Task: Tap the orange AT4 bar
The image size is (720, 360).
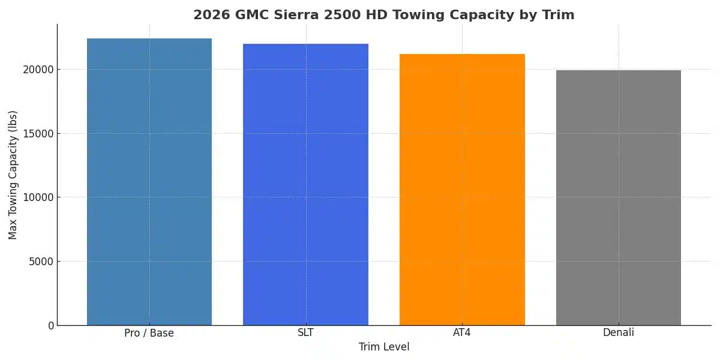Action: [462, 190]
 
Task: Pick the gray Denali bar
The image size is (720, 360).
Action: [619, 197]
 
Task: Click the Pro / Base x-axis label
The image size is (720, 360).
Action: [149, 333]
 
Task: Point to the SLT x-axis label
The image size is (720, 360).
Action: [305, 332]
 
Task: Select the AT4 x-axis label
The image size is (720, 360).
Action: [462, 332]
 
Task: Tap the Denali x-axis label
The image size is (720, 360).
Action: [619, 332]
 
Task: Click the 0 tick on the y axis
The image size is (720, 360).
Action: [50, 326]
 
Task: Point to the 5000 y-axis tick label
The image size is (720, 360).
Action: [41, 262]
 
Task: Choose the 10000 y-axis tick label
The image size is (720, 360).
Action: [38, 197]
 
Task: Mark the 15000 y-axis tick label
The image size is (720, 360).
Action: [38, 133]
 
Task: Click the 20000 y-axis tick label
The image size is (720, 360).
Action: [38, 70]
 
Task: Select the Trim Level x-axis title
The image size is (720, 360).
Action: [384, 347]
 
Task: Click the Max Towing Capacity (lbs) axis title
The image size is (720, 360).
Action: [13, 175]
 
